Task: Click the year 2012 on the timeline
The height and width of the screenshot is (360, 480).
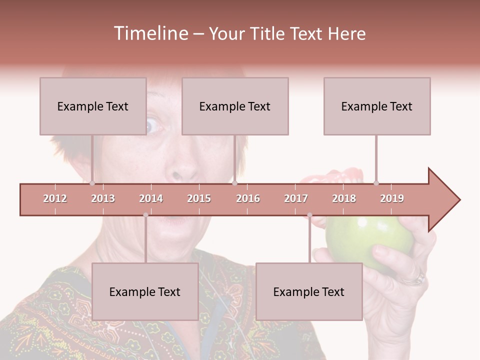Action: pyautogui.click(x=55, y=198)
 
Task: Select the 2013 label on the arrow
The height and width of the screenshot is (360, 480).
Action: pyautogui.click(x=103, y=198)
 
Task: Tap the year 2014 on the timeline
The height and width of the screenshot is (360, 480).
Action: pyautogui.click(x=151, y=198)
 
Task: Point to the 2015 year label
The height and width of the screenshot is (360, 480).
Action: pyautogui.click(x=199, y=198)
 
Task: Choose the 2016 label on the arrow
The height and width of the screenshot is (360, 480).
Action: pyautogui.click(x=248, y=198)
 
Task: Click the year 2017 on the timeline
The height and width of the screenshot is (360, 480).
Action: pyautogui.click(x=296, y=198)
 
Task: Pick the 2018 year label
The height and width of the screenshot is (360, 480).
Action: pyautogui.click(x=344, y=198)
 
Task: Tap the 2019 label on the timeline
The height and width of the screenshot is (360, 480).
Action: pyautogui.click(x=392, y=198)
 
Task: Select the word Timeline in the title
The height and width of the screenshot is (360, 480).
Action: pyautogui.click(x=150, y=33)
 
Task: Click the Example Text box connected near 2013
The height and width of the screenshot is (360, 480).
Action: pyautogui.click(x=93, y=106)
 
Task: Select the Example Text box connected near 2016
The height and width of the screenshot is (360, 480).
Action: pyautogui.click(x=235, y=106)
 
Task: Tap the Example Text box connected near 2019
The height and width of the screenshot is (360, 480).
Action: pyautogui.click(x=377, y=106)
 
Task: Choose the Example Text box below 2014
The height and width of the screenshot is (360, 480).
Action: pyautogui.click(x=145, y=291)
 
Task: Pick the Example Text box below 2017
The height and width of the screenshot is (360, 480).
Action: pyautogui.click(x=309, y=291)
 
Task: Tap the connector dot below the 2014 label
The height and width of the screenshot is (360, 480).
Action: pyautogui.click(x=145, y=215)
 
